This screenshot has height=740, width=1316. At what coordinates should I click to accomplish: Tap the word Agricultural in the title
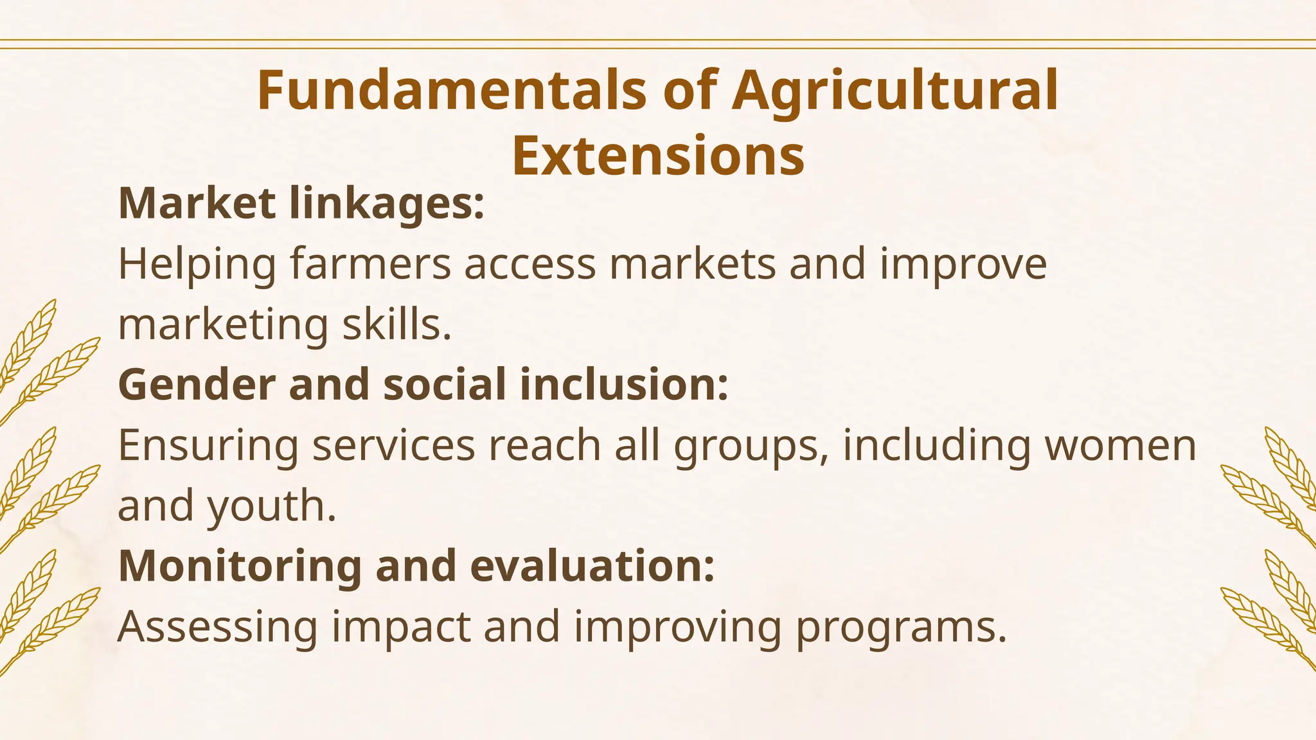[x=895, y=91]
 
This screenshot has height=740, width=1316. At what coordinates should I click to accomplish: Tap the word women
[x=1121, y=445]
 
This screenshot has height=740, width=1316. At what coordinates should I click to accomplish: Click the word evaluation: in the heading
[x=592, y=566]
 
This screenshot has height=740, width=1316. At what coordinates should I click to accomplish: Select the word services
[x=394, y=445]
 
